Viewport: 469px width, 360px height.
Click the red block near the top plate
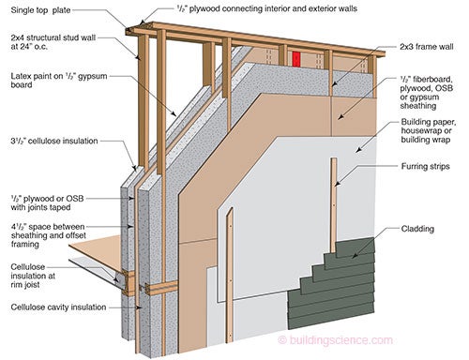click(296, 59)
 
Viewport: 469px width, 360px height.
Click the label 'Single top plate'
click(40, 10)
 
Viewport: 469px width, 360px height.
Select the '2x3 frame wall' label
click(427, 47)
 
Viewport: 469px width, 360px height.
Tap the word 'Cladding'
click(417, 229)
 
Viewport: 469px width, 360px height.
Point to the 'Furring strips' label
click(425, 166)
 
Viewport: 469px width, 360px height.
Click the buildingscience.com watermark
click(335, 339)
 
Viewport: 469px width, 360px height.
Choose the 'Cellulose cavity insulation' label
click(58, 307)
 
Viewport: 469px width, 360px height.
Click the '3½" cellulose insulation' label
click(54, 141)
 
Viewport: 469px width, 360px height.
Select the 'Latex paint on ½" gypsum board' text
click(59, 81)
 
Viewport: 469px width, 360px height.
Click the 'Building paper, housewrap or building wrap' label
click(429, 130)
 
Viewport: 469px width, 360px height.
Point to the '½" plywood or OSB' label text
click(47, 199)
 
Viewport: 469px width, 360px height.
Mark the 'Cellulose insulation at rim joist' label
click(33, 276)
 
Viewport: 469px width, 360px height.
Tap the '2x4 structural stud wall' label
click(53, 37)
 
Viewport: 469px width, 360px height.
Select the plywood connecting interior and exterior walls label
click(266, 8)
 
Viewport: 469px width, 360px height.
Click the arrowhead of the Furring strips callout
click(337, 184)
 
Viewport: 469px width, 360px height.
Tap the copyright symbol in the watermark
click(282, 340)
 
